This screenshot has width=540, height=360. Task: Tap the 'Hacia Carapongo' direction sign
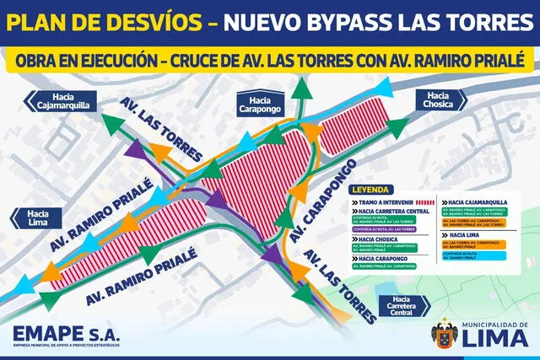(259, 102)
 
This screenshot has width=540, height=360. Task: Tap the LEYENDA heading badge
(373, 190)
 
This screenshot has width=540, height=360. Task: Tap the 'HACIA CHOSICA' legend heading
(379, 239)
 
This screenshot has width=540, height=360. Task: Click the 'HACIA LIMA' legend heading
(462, 234)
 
